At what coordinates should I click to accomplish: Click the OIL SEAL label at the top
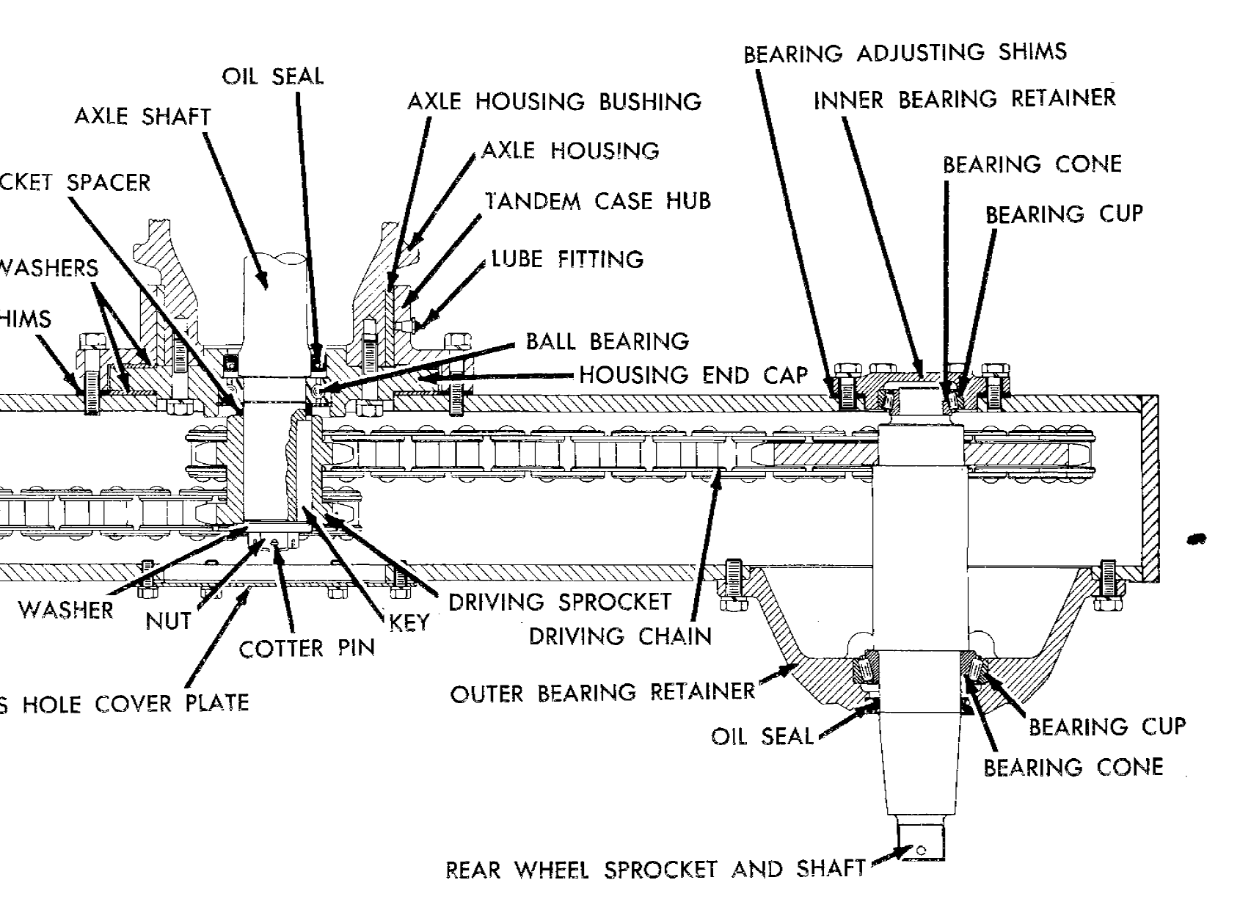pyautogui.click(x=273, y=76)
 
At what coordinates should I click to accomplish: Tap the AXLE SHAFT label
pyautogui.click(x=142, y=117)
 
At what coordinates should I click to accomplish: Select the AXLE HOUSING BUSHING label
pyautogui.click(x=554, y=101)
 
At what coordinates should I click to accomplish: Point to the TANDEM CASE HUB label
pyautogui.click(x=598, y=201)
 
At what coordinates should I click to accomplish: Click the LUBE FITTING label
pyautogui.click(x=567, y=259)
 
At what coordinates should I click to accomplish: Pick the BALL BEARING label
pyautogui.click(x=608, y=341)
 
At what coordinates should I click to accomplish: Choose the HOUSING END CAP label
pyautogui.click(x=693, y=376)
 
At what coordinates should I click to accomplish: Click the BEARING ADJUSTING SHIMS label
pyautogui.click(x=905, y=53)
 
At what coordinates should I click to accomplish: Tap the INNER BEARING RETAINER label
pyautogui.click(x=964, y=99)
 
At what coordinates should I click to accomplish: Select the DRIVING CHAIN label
pyautogui.click(x=620, y=636)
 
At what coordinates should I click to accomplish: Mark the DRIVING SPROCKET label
pyautogui.click(x=560, y=602)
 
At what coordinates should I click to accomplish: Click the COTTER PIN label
pyautogui.click(x=307, y=649)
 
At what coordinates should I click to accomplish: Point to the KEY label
pyautogui.click(x=409, y=623)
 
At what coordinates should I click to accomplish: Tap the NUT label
pyautogui.click(x=168, y=622)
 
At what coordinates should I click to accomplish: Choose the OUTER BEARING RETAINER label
pyautogui.click(x=602, y=693)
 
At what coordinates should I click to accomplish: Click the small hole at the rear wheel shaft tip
pyautogui.click(x=922, y=851)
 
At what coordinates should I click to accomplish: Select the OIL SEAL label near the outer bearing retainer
pyautogui.click(x=762, y=736)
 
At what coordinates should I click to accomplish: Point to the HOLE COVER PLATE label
pyautogui.click(x=136, y=704)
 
